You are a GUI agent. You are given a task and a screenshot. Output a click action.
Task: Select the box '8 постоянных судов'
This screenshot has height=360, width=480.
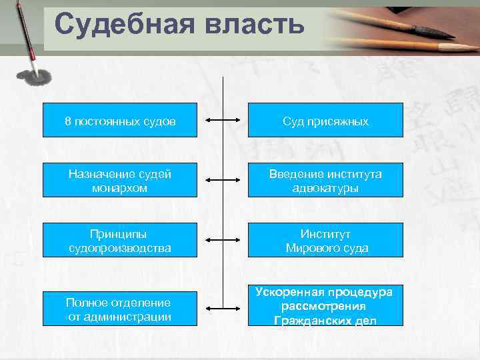pos(120,120)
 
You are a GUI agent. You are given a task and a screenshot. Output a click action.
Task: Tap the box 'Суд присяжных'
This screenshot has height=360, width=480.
pos(325,120)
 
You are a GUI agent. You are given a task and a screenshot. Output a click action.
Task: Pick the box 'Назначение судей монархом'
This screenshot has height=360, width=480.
pos(120,181)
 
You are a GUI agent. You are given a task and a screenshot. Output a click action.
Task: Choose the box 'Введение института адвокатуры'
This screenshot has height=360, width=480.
pos(325,181)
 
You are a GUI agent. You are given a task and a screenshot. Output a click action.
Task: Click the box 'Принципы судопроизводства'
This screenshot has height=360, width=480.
pos(120,241)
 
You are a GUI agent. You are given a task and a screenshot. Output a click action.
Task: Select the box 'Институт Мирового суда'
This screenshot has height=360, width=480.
pos(325,241)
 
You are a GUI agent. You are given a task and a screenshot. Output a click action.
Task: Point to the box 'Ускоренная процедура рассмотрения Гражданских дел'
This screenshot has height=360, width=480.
pos(325,307)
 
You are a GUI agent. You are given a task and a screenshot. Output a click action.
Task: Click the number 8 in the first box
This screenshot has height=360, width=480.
pos(68,121)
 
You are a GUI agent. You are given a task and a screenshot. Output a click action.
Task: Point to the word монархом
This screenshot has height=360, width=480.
pos(120,188)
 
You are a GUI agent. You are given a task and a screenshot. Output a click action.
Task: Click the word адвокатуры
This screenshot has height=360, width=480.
pos(325,188)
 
